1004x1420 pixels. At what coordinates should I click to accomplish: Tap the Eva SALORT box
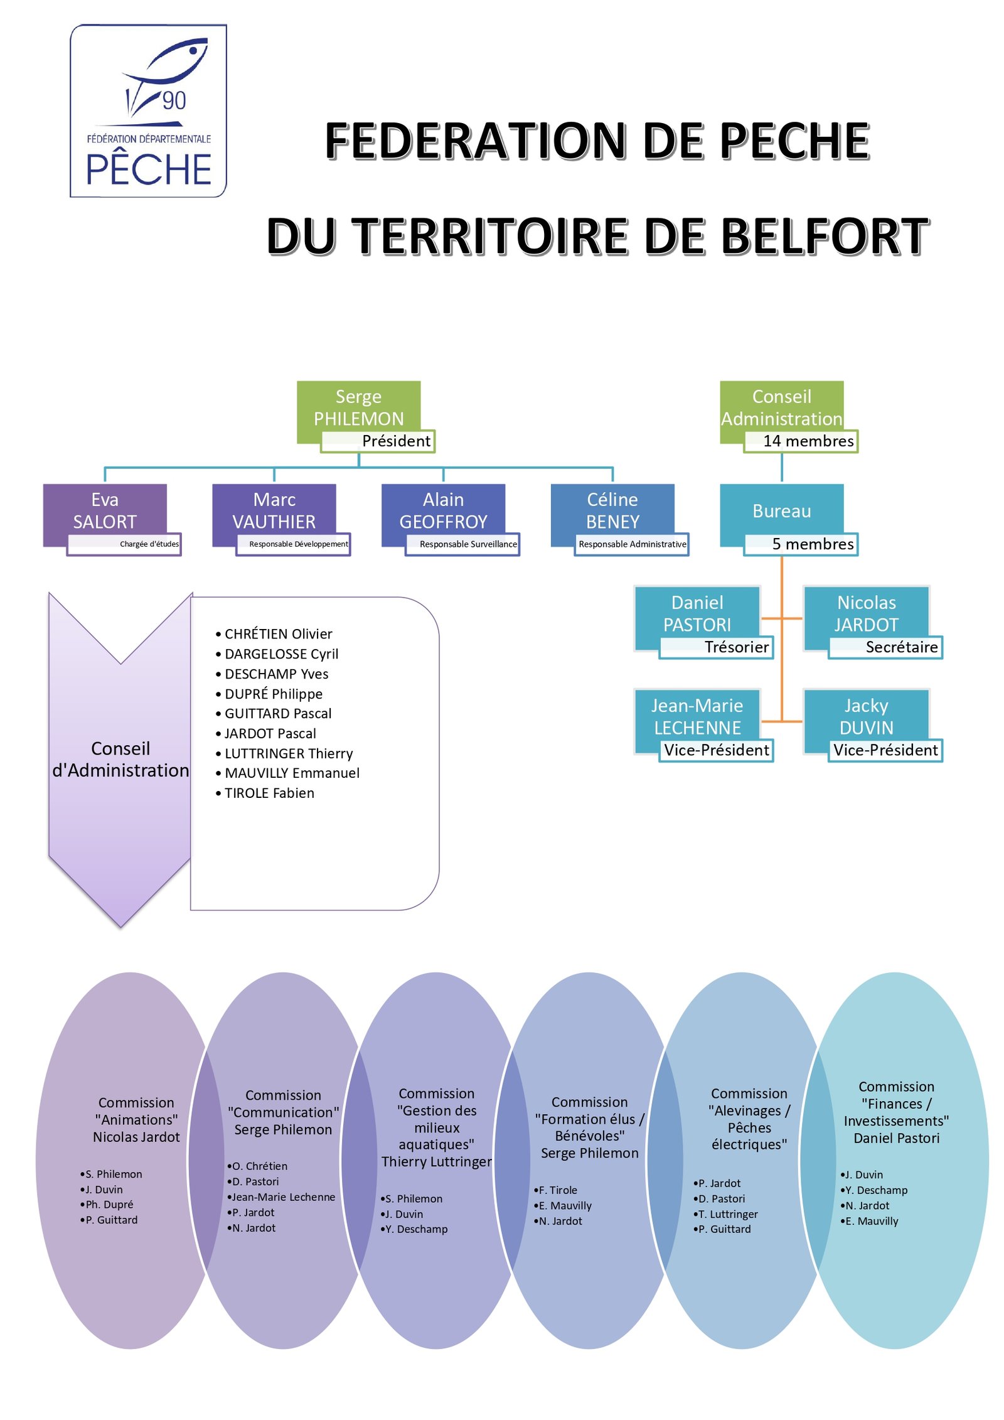click(x=105, y=510)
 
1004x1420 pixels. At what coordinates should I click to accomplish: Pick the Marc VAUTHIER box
click(x=274, y=510)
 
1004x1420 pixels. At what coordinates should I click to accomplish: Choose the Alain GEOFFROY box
click(x=443, y=510)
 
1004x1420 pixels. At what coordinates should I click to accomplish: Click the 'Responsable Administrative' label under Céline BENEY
click(x=632, y=544)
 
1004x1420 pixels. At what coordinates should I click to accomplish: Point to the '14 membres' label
click(x=808, y=441)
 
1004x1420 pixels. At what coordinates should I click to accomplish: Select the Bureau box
click(x=781, y=511)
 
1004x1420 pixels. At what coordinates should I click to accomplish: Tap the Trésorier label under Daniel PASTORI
click(x=736, y=647)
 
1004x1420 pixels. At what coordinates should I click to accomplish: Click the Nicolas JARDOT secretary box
click(x=866, y=613)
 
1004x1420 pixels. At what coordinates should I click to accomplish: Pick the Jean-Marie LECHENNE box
click(x=697, y=716)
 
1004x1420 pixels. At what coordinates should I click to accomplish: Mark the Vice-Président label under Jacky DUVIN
click(x=885, y=750)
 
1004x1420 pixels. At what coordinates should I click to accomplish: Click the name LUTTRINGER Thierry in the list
click(x=289, y=753)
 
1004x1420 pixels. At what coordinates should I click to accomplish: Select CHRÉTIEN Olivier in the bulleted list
click(x=278, y=634)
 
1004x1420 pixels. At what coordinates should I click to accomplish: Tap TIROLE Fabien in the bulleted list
click(x=269, y=793)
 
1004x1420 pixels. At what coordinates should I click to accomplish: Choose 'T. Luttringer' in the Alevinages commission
click(x=727, y=1213)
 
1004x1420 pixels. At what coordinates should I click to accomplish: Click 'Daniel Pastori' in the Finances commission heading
click(x=896, y=1138)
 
